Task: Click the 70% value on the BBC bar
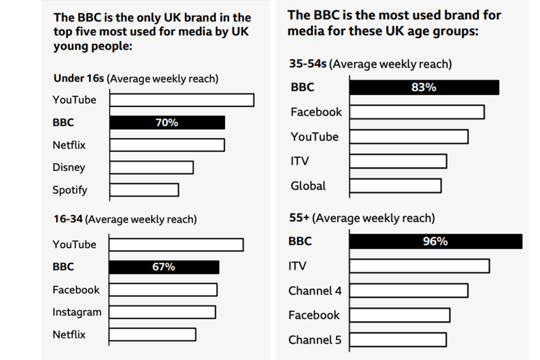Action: [x=166, y=122]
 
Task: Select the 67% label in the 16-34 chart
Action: [x=164, y=267]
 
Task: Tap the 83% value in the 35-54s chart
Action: [x=424, y=87]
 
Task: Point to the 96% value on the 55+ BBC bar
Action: [x=435, y=241]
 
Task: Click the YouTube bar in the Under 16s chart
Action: [x=182, y=100]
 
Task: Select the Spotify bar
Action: [x=144, y=190]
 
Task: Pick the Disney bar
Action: [x=152, y=168]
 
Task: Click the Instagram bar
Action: [x=163, y=312]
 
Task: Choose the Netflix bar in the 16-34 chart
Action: [x=153, y=335]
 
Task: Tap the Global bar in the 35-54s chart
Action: [x=396, y=186]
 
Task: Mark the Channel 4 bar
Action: [x=409, y=291]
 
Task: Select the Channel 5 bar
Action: [x=398, y=340]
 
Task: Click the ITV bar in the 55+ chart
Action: [x=419, y=266]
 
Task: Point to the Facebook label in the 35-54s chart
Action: [x=316, y=112]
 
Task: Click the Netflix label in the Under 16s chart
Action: [x=69, y=145]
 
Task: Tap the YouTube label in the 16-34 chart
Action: [x=74, y=244]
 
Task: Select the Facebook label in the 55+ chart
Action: [x=314, y=315]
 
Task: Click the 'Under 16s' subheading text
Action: [x=79, y=78]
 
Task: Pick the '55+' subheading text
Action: [x=299, y=218]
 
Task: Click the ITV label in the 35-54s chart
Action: [x=300, y=161]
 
